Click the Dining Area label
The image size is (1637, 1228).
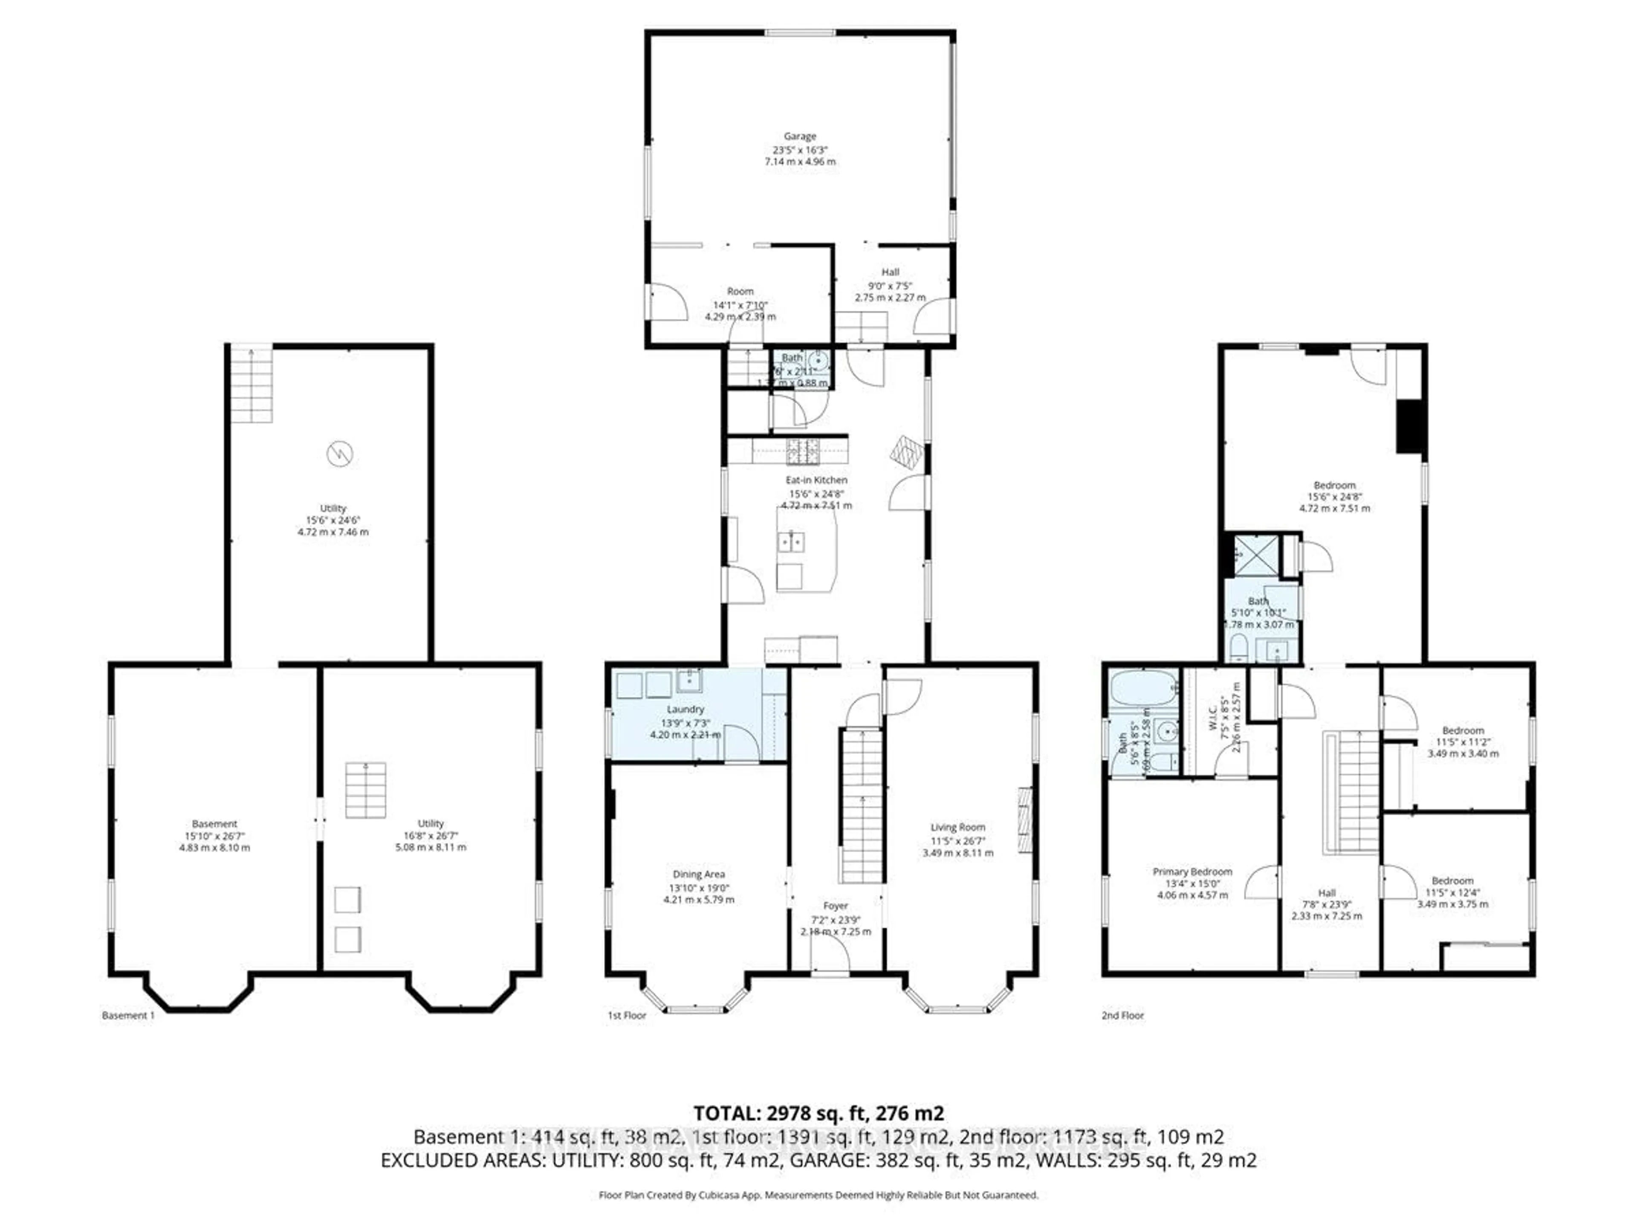[x=699, y=874]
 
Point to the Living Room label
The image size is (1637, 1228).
[x=957, y=827]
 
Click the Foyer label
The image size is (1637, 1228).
[x=836, y=906]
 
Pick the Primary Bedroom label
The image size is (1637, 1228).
[x=1192, y=872]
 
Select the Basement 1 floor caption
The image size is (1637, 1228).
[x=128, y=1016]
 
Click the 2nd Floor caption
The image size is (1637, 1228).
[x=1122, y=1016]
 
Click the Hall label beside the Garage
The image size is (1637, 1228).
[x=890, y=272]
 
